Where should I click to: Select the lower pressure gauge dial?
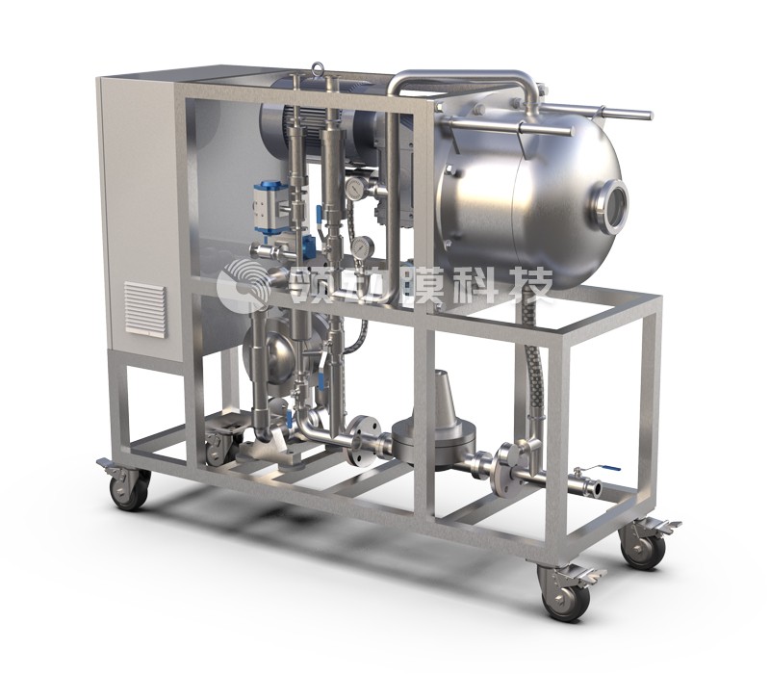(363, 246)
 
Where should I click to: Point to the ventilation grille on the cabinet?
(145, 309)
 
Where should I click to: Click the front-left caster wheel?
(129, 488)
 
